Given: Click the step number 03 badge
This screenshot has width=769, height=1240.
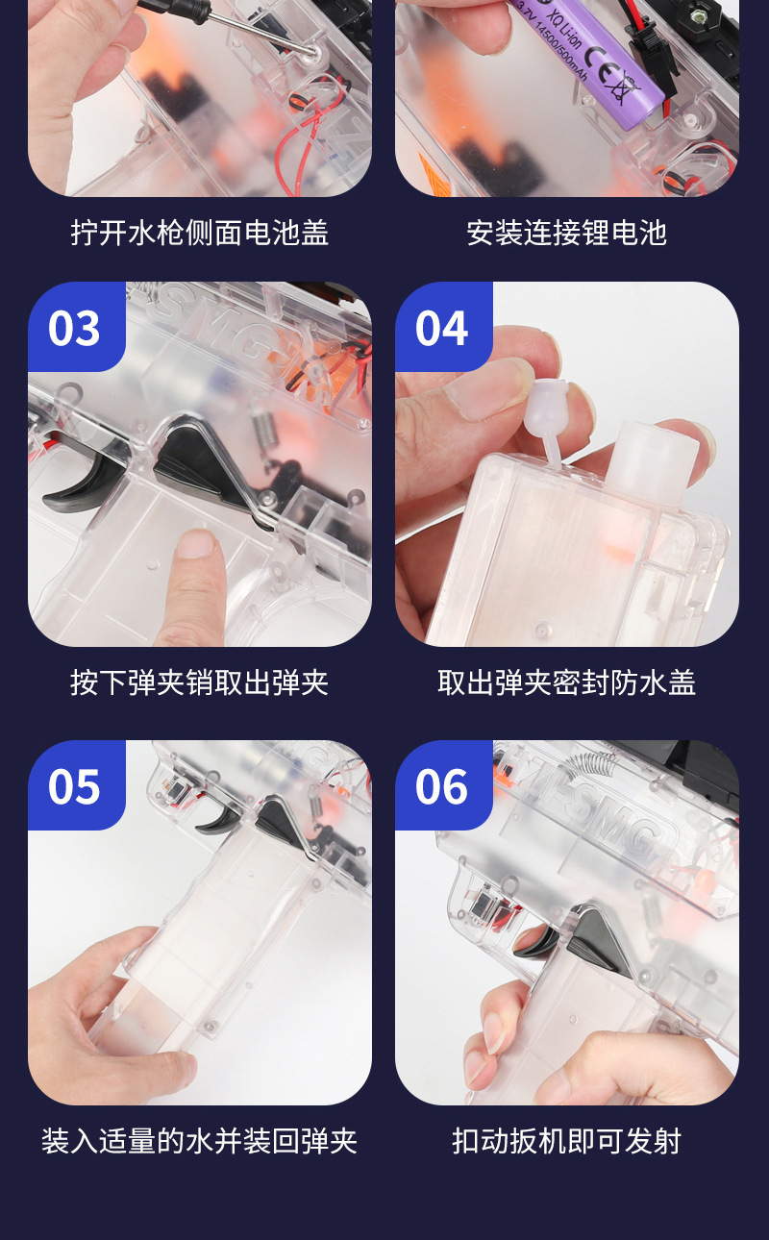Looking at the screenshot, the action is click(76, 327).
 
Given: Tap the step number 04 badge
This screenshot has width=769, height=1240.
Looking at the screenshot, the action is click(443, 327).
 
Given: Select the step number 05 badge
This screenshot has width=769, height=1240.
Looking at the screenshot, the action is click(76, 785).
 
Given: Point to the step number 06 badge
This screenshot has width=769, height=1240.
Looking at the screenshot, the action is click(443, 785).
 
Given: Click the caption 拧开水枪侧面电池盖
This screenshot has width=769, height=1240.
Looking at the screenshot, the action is click(199, 233).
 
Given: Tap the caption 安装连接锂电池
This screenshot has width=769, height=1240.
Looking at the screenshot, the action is click(566, 233).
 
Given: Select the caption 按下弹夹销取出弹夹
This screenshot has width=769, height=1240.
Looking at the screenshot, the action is click(199, 682).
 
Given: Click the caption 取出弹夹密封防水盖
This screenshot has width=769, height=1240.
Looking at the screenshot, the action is click(566, 682).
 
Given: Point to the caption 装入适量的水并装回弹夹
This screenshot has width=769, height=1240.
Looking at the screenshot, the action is click(199, 1141).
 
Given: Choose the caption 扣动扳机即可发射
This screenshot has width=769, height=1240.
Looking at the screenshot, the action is click(566, 1141).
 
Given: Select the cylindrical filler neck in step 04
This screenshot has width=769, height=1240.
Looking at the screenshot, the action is click(652, 462).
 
